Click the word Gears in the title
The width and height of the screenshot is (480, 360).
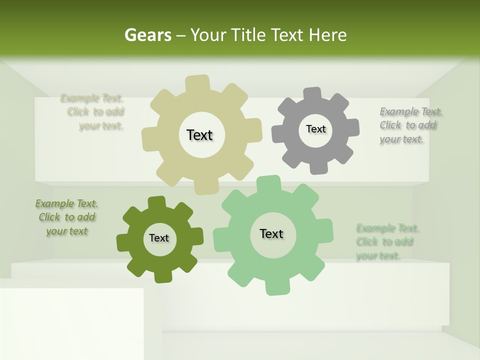click(x=148, y=35)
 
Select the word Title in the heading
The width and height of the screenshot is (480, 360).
click(x=249, y=35)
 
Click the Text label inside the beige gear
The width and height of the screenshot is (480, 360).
click(x=199, y=135)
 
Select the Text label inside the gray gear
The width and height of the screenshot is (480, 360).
click(x=315, y=129)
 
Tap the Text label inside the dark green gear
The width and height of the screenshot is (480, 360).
click(x=159, y=238)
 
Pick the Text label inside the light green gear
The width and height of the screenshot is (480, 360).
click(x=271, y=233)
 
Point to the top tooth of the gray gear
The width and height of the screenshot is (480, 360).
click(x=312, y=94)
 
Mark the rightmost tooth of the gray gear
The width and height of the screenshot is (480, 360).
click(x=352, y=127)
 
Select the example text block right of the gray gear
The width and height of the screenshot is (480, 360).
click(x=408, y=125)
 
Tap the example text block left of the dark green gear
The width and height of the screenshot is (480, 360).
click(x=66, y=217)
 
